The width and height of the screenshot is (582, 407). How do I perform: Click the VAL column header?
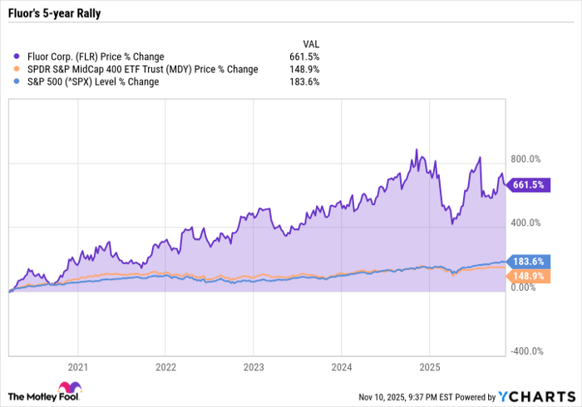(x=310, y=44)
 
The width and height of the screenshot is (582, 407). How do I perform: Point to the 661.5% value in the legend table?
(x=306, y=56)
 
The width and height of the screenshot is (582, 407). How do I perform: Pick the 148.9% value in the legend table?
(x=306, y=69)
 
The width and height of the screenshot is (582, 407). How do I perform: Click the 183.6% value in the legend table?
(x=306, y=81)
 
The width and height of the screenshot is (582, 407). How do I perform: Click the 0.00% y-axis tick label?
(x=523, y=287)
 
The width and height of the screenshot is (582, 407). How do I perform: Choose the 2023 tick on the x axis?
(x=253, y=366)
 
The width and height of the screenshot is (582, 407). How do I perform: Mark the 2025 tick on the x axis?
(x=429, y=366)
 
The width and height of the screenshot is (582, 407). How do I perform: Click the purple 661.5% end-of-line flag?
(x=527, y=185)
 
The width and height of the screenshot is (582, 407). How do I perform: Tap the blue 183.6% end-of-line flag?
(x=527, y=262)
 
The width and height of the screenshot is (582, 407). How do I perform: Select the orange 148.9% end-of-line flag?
(x=527, y=275)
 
